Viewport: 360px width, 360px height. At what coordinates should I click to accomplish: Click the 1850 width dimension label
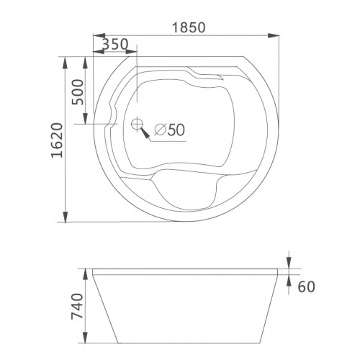tap(189, 27)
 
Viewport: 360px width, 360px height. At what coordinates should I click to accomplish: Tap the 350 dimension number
tap(115, 44)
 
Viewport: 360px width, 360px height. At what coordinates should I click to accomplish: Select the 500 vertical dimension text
tap(78, 92)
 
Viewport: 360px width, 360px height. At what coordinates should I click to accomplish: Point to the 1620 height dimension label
tap(58, 140)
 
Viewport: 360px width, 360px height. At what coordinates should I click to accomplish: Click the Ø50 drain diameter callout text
tap(169, 130)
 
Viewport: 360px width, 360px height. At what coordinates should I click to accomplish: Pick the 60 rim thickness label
tap(306, 287)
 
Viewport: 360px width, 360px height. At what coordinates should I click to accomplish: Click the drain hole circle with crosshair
tap(137, 124)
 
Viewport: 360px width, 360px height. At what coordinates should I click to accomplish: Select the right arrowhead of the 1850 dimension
tap(274, 35)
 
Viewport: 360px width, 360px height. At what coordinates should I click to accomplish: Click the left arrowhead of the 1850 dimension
tap(99, 35)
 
